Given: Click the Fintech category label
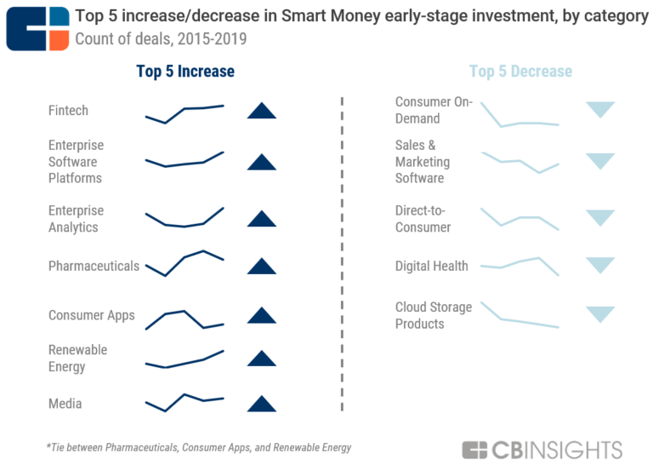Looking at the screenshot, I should tap(68, 111).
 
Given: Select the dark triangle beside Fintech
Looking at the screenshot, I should tap(261, 111).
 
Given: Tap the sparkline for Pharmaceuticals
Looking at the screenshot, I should tap(185, 262).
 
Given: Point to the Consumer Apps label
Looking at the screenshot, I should tap(91, 315).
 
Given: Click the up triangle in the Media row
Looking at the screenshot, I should tap(261, 405).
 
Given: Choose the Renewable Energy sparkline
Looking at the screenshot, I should tap(185, 359).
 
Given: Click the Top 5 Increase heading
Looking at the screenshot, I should tap(185, 72).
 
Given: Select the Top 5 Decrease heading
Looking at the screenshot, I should tap(520, 72).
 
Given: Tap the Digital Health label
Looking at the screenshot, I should tap(431, 266).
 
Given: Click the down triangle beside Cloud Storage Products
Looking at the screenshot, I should tap(600, 314).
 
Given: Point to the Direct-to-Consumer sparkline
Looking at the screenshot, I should tap(520, 218).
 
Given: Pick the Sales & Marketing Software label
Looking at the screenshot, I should tap(423, 162).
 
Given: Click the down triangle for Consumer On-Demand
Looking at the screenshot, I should tap(600, 109).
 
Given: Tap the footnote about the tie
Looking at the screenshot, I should tap(198, 447).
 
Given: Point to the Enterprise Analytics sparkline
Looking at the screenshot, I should tap(185, 218).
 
